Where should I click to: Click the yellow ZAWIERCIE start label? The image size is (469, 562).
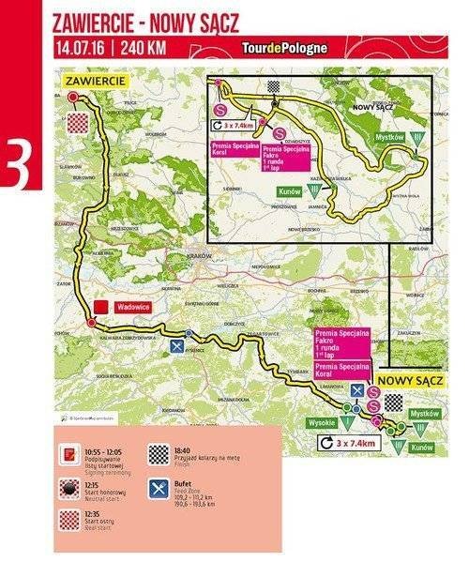[95, 82]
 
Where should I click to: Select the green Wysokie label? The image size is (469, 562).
[321, 421]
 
